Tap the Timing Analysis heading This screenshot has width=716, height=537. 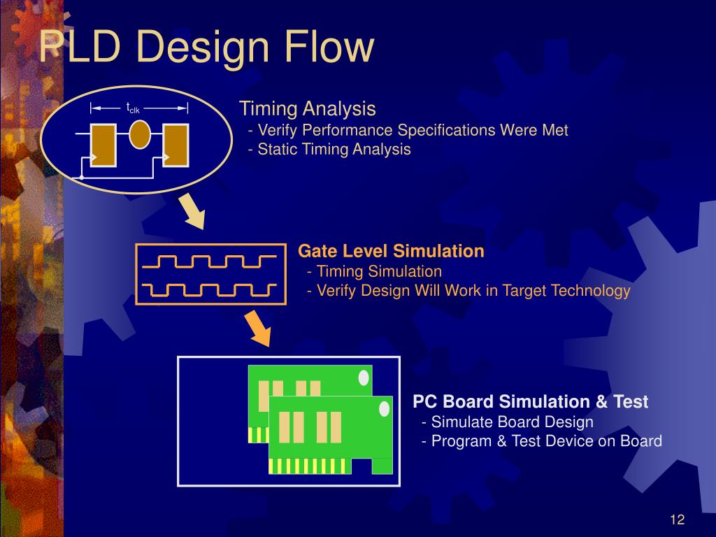308,108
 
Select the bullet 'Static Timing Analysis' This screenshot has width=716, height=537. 329,150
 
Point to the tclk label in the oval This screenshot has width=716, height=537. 133,108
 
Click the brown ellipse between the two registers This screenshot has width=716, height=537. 140,134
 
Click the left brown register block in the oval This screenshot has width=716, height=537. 103,145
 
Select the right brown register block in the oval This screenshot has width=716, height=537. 176,145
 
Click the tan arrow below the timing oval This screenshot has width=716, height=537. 192,211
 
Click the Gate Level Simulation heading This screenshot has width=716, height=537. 391,251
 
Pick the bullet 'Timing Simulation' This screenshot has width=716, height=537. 375,271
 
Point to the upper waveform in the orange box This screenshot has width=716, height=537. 210,262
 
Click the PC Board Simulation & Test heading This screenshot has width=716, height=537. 530,402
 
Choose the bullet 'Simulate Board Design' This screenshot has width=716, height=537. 508,422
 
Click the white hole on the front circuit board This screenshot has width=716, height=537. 385,408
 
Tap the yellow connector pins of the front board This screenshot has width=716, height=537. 310,466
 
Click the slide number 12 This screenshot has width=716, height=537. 677,520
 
